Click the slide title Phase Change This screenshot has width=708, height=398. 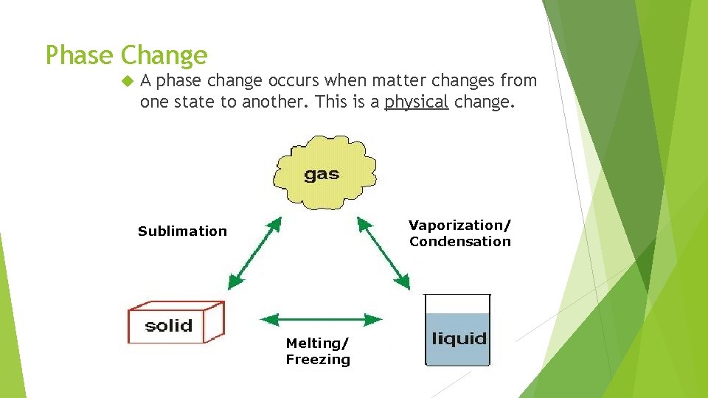click(126, 55)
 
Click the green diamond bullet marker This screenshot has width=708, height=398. click(126, 80)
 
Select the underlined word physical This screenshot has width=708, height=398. click(416, 102)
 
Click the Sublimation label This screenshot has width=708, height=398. click(182, 231)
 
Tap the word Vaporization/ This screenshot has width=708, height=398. click(459, 225)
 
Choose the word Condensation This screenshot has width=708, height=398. click(459, 242)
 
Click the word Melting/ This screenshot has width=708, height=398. click(317, 343)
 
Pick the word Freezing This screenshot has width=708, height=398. click(318, 360)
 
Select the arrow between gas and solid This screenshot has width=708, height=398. click(255, 253)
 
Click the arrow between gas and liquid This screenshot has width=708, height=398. click(383, 252)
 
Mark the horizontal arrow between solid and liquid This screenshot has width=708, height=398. click(322, 319)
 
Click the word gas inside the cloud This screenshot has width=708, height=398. click(322, 175)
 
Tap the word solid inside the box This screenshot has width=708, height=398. click(168, 326)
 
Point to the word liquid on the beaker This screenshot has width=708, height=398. click(458, 339)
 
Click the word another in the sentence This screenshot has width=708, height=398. click(274, 102)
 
